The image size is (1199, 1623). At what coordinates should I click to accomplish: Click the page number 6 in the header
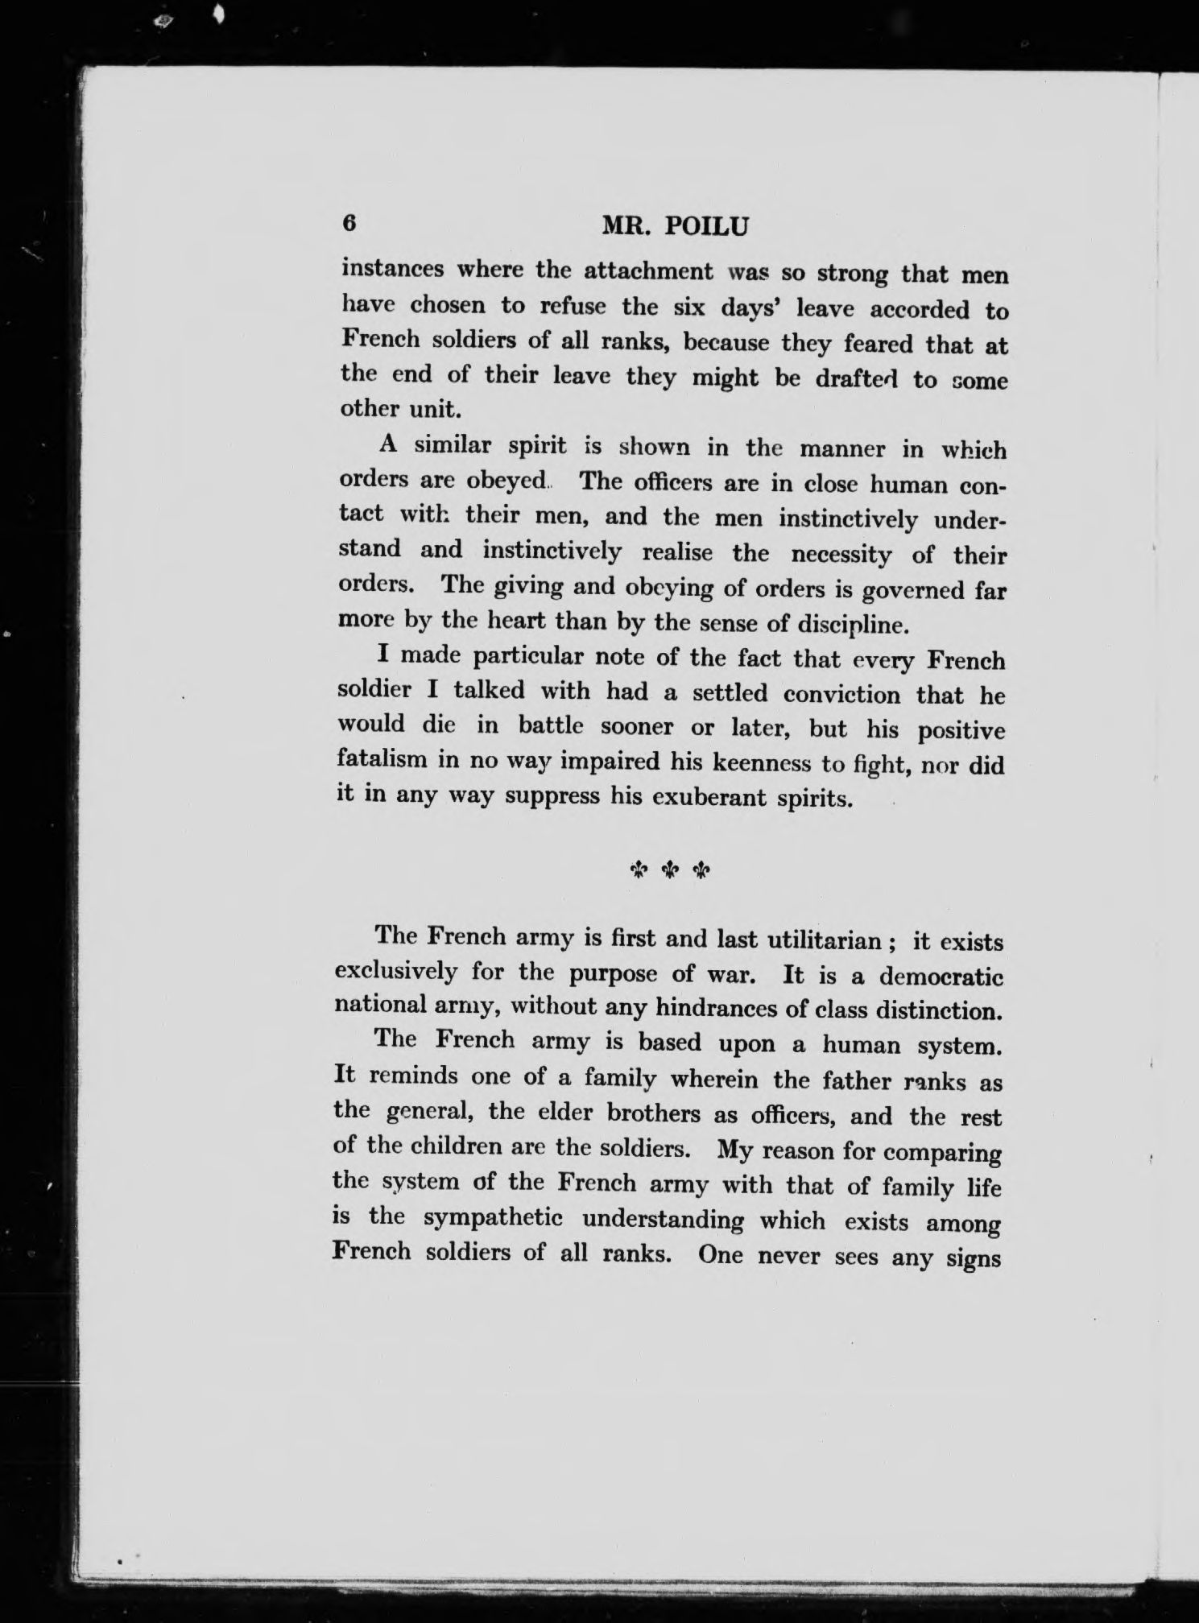pos(349,224)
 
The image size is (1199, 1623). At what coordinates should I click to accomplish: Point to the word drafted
pos(858,378)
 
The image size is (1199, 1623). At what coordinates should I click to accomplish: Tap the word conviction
pos(841,693)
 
